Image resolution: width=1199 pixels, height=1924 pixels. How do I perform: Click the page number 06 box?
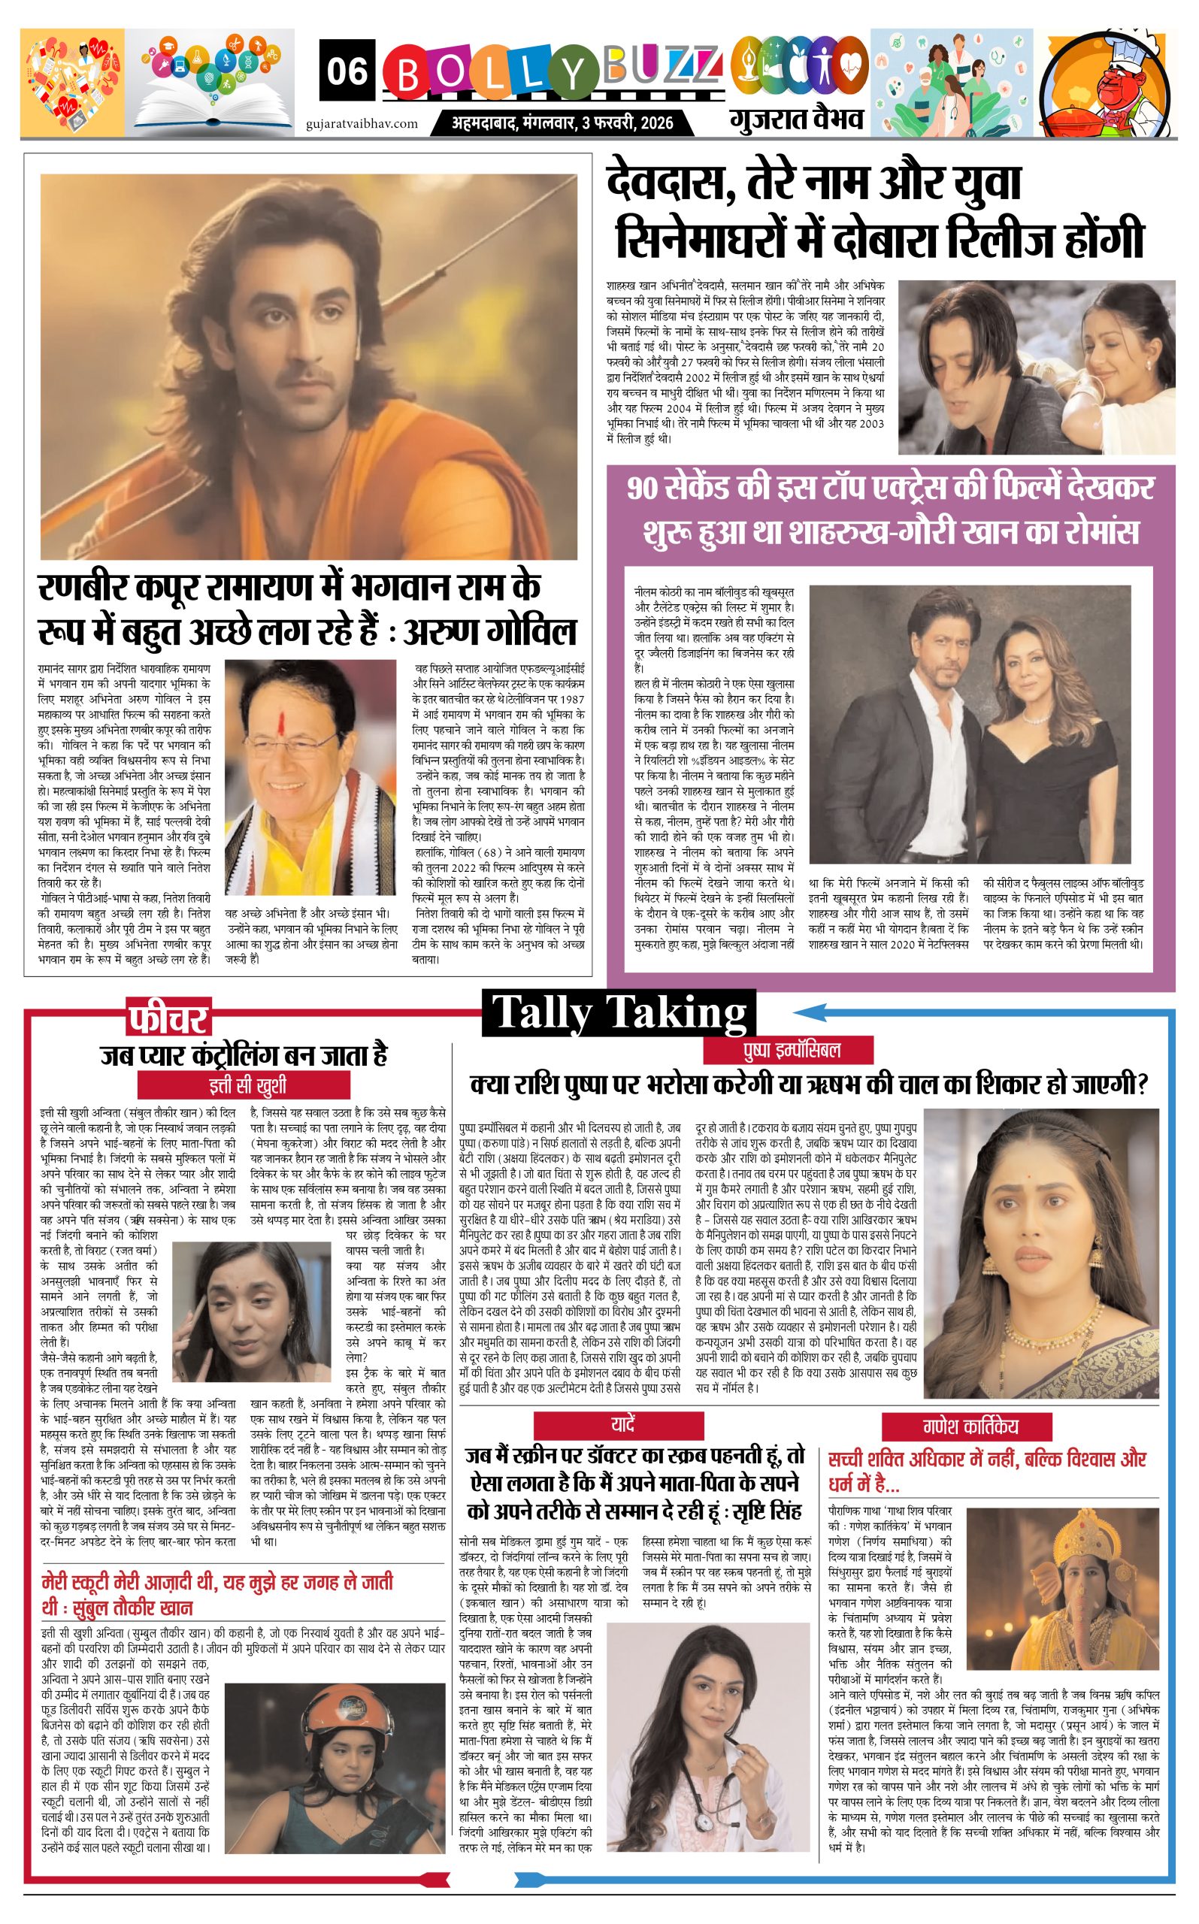point(348,72)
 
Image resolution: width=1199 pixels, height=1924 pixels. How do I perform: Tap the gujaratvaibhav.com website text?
point(362,123)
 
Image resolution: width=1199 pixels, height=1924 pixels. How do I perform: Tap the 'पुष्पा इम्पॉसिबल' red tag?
point(788,1051)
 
